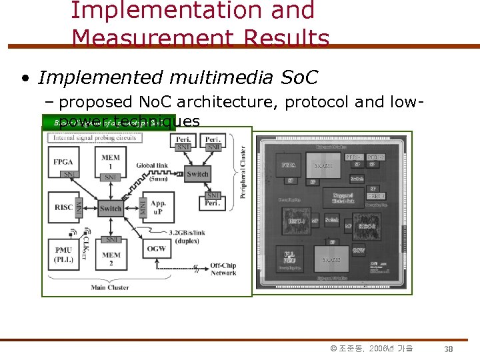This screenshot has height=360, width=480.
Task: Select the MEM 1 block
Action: [111, 160]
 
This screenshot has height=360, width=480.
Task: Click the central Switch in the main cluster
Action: [111, 209]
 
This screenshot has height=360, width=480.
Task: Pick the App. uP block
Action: [158, 207]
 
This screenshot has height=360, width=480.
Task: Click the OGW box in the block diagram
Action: [157, 249]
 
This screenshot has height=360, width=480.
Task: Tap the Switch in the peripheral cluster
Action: [198, 174]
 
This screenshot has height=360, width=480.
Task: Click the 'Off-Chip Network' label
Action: [223, 269]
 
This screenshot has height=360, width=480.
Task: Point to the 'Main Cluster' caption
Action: [110, 287]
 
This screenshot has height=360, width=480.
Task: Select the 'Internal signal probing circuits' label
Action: [95, 137]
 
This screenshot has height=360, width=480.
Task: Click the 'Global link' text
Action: [152, 165]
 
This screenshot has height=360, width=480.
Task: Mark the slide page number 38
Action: [449, 349]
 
